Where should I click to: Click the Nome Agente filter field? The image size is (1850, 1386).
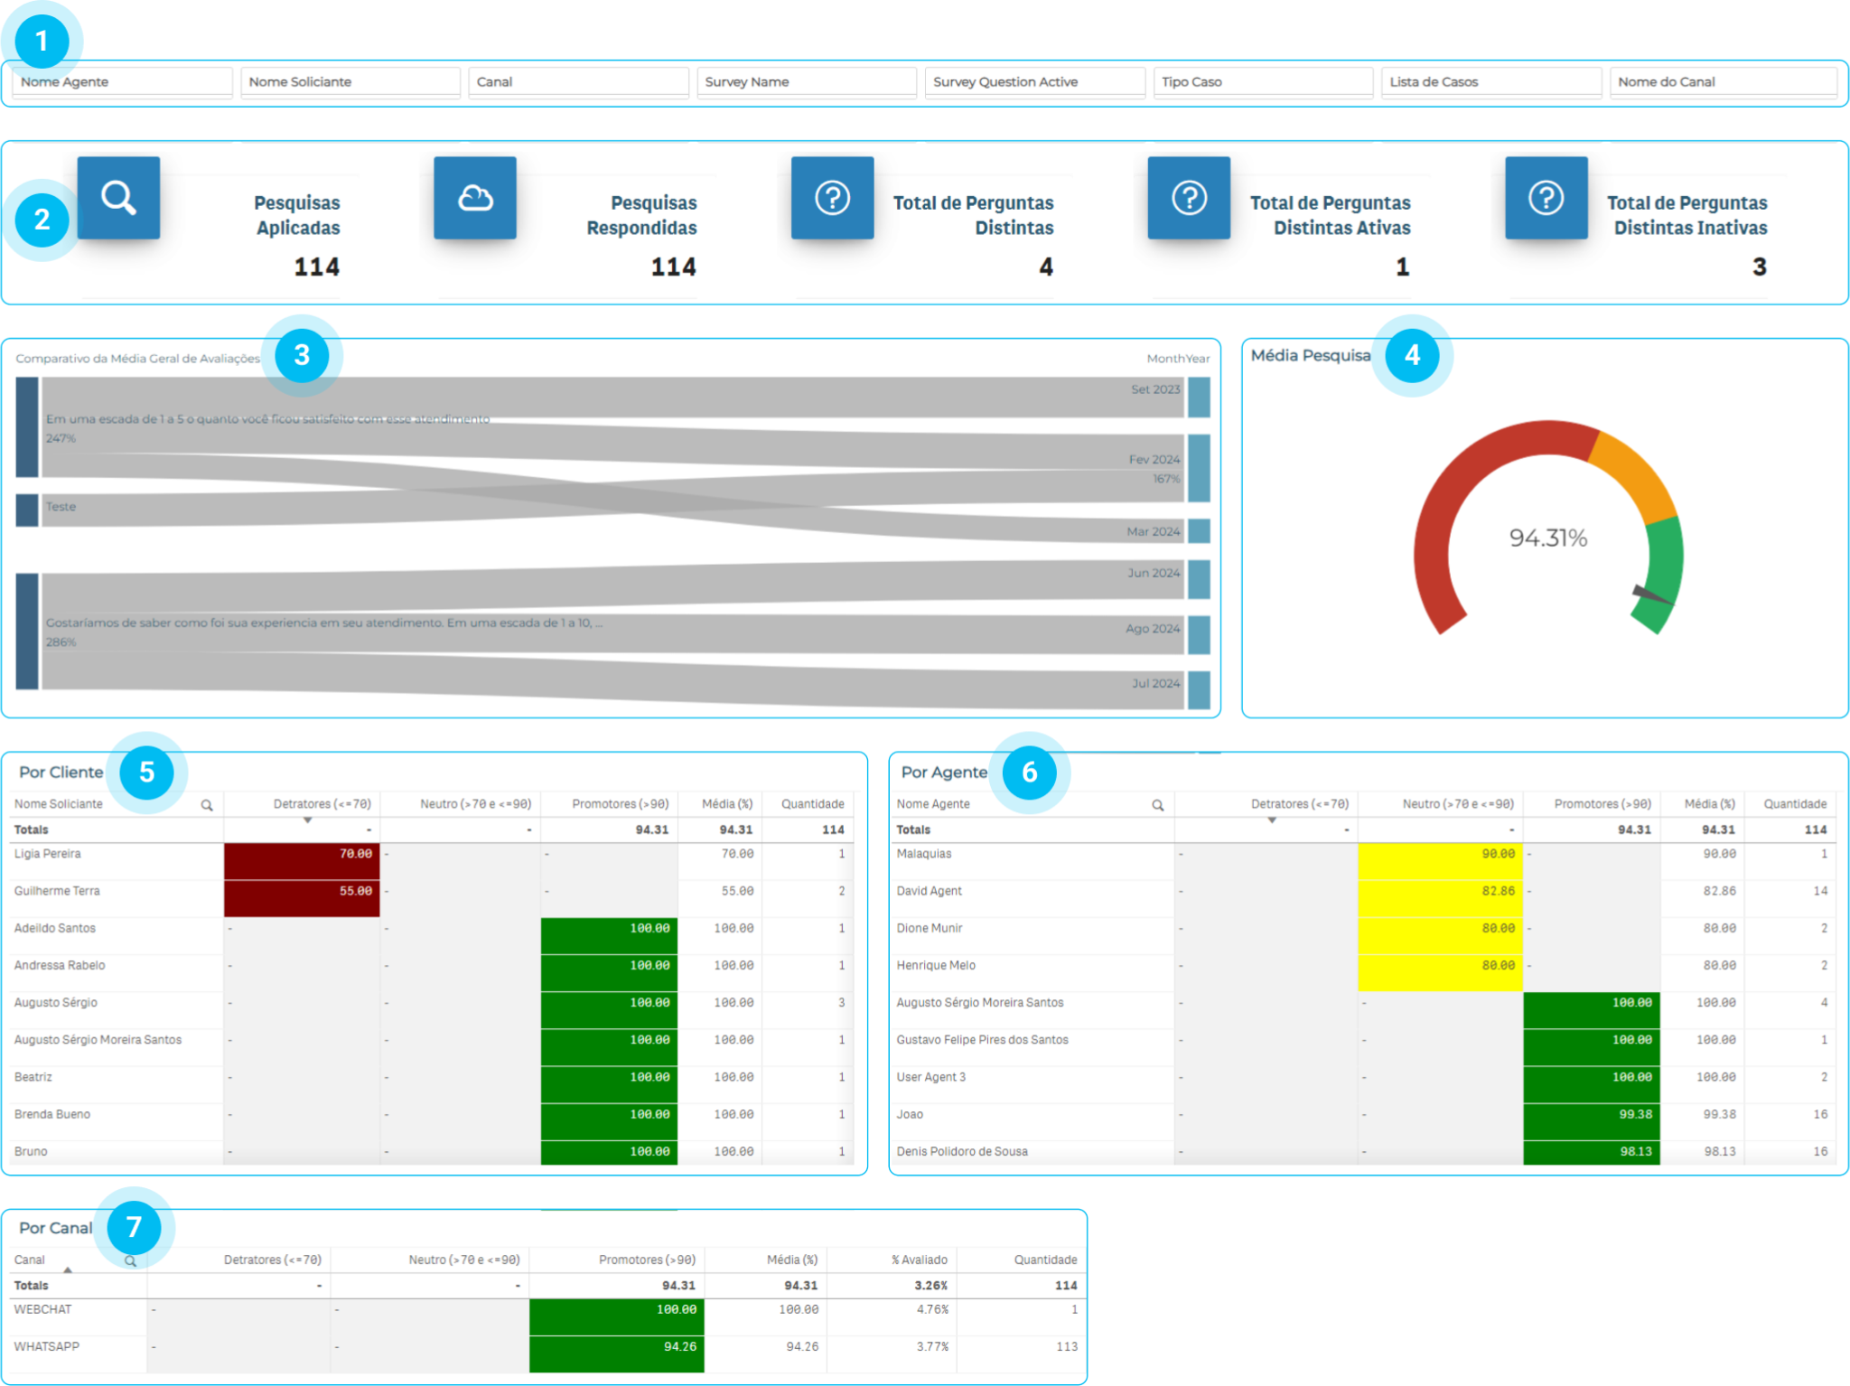122,82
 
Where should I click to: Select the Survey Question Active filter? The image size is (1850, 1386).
1034,82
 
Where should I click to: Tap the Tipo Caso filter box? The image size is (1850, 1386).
1262,82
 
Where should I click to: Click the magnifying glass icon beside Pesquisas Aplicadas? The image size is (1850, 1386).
118,198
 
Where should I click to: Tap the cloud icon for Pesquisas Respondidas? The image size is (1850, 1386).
475,198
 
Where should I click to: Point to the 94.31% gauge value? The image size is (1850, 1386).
1547,538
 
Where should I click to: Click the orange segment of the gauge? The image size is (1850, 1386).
1636,473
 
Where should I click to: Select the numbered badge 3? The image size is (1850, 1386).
302,355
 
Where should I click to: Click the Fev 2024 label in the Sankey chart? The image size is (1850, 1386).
1154,460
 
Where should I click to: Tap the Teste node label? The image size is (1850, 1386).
61,507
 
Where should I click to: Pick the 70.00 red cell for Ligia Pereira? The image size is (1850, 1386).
302,854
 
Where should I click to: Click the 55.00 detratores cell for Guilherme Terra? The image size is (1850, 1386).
302,891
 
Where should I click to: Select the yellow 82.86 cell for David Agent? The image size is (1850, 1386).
1440,891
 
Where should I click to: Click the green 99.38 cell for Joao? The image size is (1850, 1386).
1591,1114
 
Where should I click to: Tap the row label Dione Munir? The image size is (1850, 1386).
929,928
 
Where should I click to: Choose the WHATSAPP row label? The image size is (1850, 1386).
47,1346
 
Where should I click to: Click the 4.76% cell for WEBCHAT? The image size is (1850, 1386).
932,1309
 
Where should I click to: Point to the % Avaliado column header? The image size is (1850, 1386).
919,1260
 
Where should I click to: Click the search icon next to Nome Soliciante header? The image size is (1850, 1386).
207,805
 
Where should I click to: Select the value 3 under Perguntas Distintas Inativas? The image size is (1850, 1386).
1759,267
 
